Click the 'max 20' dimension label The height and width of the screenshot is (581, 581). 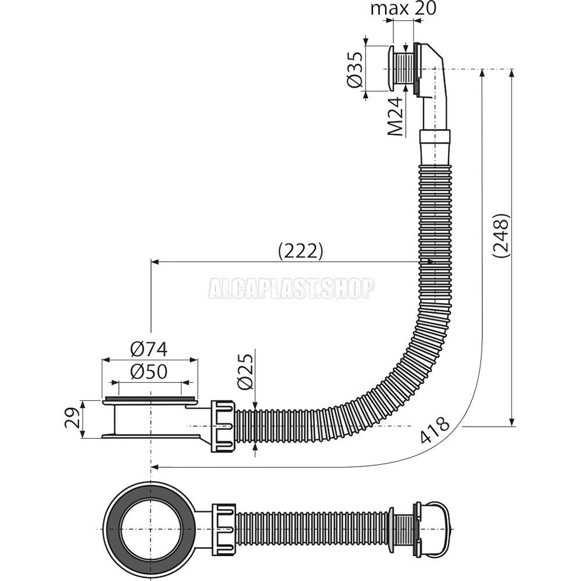(x=403, y=8)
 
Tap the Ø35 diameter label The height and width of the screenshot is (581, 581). (x=355, y=70)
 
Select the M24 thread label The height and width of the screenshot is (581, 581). (x=394, y=117)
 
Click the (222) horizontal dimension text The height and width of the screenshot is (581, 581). (x=300, y=251)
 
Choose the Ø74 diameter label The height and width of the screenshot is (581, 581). (x=149, y=349)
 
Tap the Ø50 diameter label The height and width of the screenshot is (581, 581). (x=149, y=371)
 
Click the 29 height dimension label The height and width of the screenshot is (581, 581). (x=71, y=418)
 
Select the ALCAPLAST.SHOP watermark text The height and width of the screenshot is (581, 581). (x=291, y=289)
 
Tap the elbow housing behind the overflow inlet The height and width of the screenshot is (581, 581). (x=432, y=85)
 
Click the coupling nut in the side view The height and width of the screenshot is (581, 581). (x=223, y=426)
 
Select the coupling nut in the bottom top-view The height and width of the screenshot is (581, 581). (x=224, y=529)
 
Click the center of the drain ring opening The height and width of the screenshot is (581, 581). (x=150, y=529)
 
